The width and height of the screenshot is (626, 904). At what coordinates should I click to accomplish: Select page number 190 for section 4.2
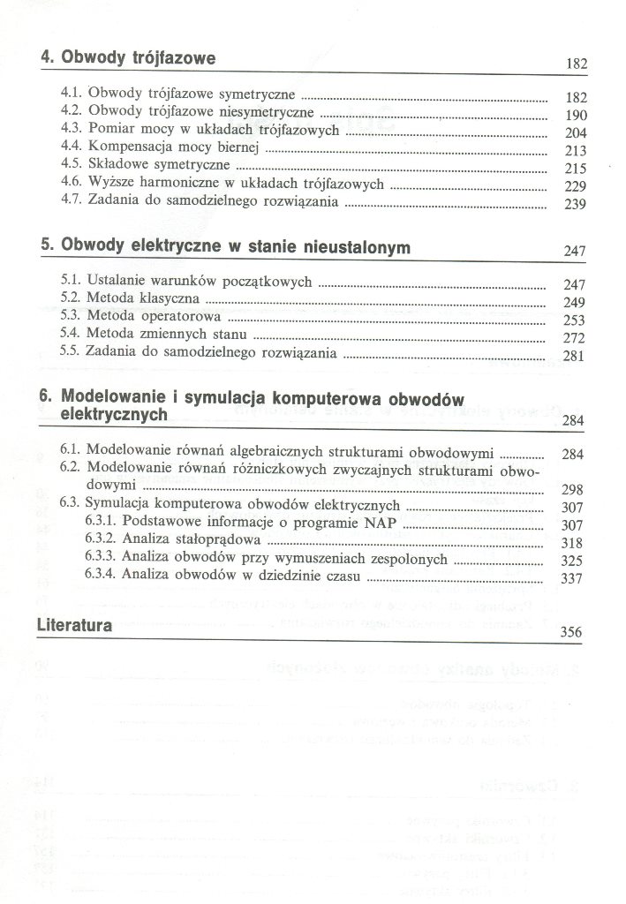click(x=575, y=117)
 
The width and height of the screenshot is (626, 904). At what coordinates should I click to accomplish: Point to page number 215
click(x=575, y=168)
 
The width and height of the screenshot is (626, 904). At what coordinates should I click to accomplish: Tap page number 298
click(x=574, y=489)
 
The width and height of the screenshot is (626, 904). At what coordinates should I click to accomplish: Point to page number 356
click(x=574, y=634)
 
